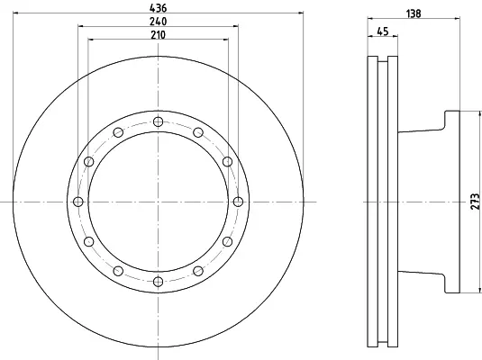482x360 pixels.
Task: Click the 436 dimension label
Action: click(x=158, y=8)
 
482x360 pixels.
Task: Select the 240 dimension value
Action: click(x=158, y=22)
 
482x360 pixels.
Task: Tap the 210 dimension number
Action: click(x=158, y=35)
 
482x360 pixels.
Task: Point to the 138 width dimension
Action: click(x=414, y=13)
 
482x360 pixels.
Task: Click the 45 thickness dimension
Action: click(x=383, y=31)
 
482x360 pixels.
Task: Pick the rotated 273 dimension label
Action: click(x=475, y=202)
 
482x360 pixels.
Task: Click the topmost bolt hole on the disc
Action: click(x=158, y=121)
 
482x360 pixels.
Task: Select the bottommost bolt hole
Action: click(x=158, y=282)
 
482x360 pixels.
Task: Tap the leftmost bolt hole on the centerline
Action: click(x=78, y=202)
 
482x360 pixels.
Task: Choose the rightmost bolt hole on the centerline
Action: click(x=238, y=202)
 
